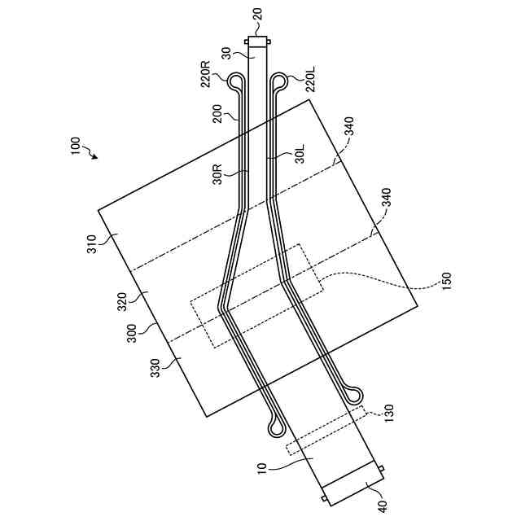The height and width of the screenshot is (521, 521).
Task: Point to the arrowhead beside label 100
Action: coord(95,157)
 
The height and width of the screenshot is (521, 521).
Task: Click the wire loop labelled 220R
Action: coord(235,81)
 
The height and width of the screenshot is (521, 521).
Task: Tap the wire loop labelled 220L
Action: coord(279,81)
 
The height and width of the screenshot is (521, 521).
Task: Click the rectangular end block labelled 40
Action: coord(352,482)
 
